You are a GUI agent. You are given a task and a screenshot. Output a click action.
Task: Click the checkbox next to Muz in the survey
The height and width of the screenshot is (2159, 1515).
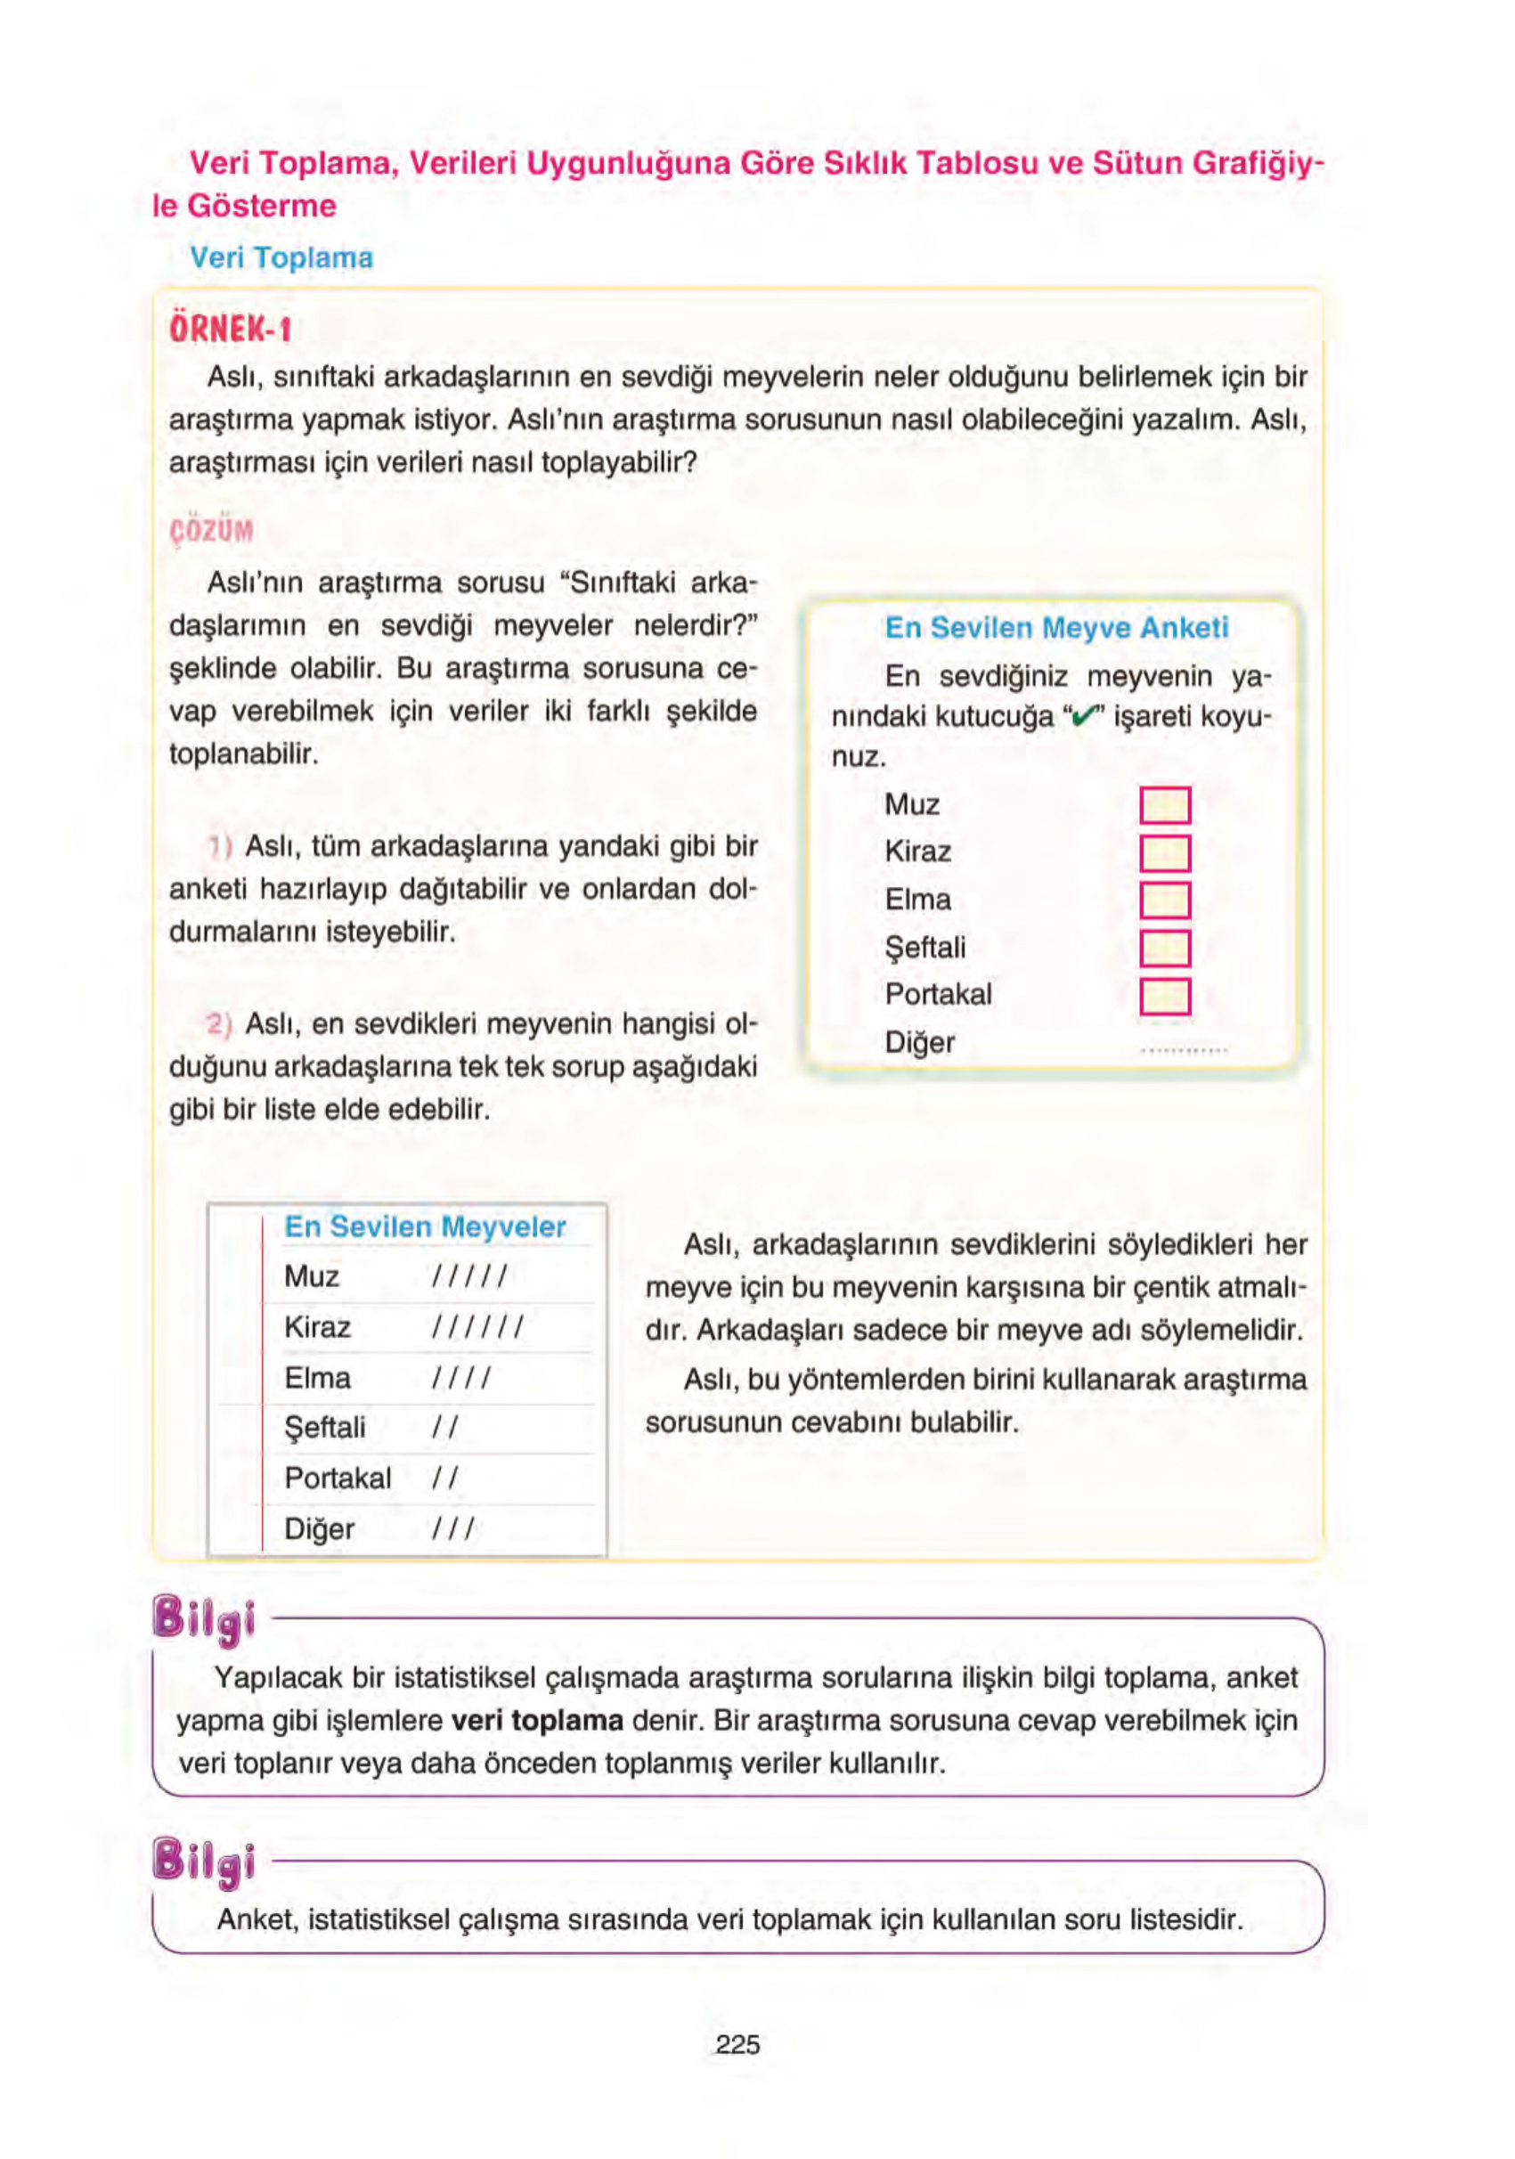(x=1164, y=806)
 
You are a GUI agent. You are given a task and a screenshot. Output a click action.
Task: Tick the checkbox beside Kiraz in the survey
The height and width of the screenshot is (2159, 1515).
(x=1164, y=853)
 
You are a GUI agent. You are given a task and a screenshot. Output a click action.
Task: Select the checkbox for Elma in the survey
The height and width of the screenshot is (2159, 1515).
(x=1164, y=900)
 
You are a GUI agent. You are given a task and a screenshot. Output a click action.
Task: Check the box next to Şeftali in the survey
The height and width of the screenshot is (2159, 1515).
(x=1164, y=948)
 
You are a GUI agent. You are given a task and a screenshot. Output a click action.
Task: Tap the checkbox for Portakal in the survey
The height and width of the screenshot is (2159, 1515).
(x=1164, y=996)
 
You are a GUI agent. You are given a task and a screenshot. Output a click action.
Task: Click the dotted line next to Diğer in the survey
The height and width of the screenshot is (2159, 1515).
(x=1183, y=1049)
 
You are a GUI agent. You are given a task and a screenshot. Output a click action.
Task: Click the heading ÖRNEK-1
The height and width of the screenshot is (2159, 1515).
(x=231, y=330)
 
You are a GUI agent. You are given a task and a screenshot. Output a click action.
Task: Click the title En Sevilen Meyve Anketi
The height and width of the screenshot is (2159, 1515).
(x=1056, y=628)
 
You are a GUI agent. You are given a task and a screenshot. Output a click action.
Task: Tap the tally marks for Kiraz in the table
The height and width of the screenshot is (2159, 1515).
(x=476, y=1328)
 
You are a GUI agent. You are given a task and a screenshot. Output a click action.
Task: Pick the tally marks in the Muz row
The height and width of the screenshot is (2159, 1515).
(x=469, y=1277)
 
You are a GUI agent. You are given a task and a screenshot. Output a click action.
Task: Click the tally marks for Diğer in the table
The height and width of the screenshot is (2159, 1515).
(x=453, y=1529)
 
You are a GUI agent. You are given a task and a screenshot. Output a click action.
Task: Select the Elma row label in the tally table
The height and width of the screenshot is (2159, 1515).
(x=317, y=1379)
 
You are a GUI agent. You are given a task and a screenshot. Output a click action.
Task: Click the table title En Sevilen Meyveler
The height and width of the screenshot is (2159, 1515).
(x=425, y=1227)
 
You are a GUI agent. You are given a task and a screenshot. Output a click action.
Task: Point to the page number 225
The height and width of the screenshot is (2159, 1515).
(x=737, y=2044)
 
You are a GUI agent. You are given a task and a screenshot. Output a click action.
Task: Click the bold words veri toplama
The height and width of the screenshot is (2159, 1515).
(x=537, y=1721)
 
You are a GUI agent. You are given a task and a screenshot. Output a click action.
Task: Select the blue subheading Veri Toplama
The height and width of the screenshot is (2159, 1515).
(x=281, y=257)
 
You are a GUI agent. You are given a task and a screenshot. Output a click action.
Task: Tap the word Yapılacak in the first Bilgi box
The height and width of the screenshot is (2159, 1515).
(x=280, y=1677)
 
